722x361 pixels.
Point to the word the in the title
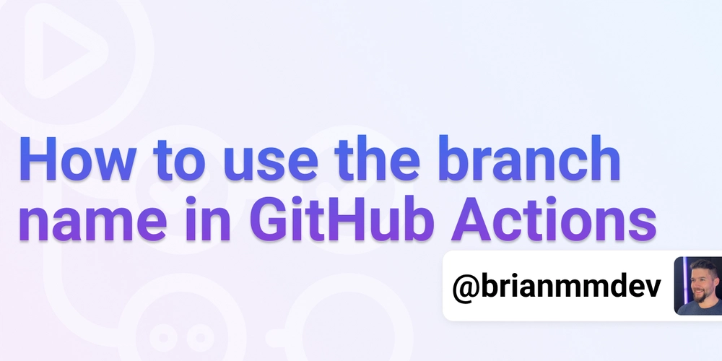pyautogui.click(x=377, y=157)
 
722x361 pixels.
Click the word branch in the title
pyautogui.click(x=529, y=157)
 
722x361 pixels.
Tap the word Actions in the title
pyautogui.click(x=554, y=219)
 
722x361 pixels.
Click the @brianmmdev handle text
pyautogui.click(x=556, y=286)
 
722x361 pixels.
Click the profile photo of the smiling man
pyautogui.click(x=698, y=286)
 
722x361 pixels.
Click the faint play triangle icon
pyautogui.click(x=66, y=51)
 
